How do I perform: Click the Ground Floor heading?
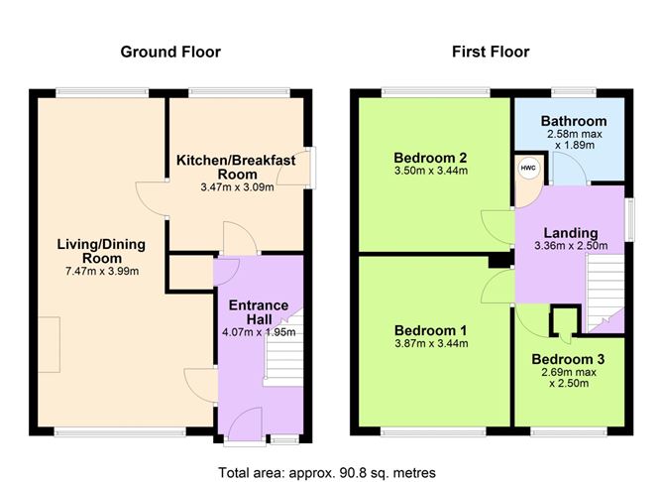point(169,52)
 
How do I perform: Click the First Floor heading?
point(491,52)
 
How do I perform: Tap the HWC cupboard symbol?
point(528,167)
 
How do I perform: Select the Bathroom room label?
point(568,122)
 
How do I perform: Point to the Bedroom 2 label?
point(430,158)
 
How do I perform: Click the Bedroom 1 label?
point(430,329)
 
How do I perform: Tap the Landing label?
point(564,233)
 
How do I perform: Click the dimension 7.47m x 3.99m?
point(98,270)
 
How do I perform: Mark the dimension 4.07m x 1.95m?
point(258,332)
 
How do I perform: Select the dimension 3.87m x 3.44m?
point(430,344)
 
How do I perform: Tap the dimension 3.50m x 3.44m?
point(430,172)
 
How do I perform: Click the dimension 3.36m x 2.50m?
point(564,247)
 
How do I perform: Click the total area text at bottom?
point(326,471)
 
